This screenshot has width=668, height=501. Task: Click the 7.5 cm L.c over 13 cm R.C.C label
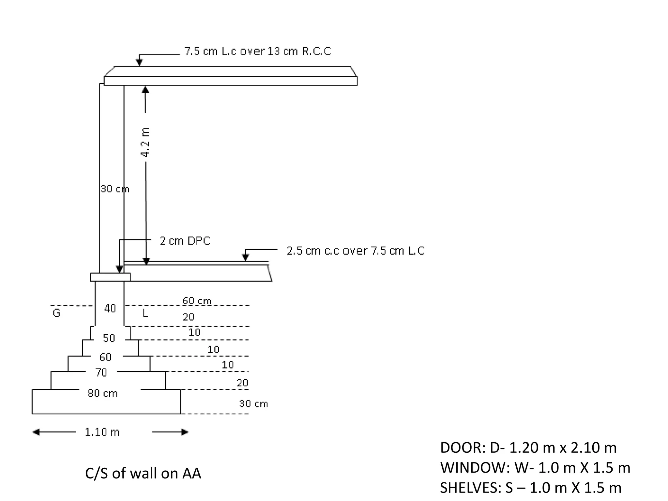[x=257, y=51]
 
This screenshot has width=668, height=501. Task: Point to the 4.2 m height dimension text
[x=145, y=142]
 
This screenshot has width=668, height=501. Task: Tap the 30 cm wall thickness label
[x=114, y=189]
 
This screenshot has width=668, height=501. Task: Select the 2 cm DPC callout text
[x=185, y=241]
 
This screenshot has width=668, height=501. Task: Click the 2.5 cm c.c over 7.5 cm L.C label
[x=356, y=250]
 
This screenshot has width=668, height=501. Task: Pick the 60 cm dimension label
[x=197, y=300]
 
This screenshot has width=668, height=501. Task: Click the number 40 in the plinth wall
[x=110, y=308]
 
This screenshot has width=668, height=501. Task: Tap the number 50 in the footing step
[x=109, y=338]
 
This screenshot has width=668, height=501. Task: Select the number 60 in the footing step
[x=105, y=357]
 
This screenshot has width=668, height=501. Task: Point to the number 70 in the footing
[x=101, y=372]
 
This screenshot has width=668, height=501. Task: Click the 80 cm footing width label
[x=102, y=393]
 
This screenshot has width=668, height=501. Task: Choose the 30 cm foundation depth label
[x=253, y=404]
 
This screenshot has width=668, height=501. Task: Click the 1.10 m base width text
[x=102, y=432]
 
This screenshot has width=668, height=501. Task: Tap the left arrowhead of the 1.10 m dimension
[x=36, y=432]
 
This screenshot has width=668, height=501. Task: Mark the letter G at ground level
[x=56, y=313]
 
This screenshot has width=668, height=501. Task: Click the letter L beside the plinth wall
[x=145, y=313]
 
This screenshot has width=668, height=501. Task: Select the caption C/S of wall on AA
[x=143, y=473]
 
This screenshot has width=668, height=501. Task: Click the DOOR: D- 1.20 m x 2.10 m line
[x=528, y=448]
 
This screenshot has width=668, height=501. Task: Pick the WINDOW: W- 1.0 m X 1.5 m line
[x=535, y=468]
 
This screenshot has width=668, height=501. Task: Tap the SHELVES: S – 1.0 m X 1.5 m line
[x=530, y=488]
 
